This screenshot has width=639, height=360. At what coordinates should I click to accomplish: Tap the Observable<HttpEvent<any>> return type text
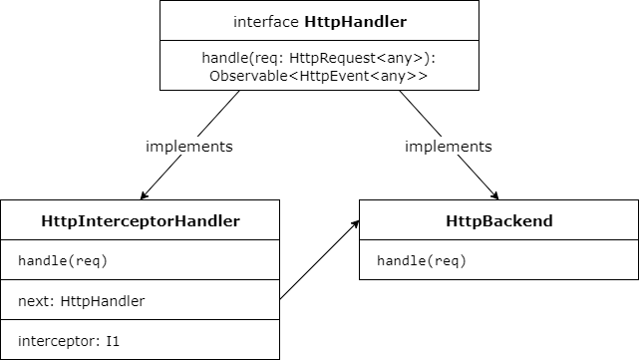319,76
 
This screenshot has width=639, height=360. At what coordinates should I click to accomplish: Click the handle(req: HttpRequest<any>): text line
319,59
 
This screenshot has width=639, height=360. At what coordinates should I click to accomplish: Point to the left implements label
189,146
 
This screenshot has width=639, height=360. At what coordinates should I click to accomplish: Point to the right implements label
448,146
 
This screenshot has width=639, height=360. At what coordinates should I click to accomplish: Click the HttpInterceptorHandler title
141,220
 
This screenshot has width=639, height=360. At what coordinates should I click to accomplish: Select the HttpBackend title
498,220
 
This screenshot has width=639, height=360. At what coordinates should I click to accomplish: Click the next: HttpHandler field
81,299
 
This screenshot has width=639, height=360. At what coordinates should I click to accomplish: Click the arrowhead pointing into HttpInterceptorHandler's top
146,194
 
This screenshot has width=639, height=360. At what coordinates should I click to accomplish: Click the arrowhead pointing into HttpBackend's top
492,194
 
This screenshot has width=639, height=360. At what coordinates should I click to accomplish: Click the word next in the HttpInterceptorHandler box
36,299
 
